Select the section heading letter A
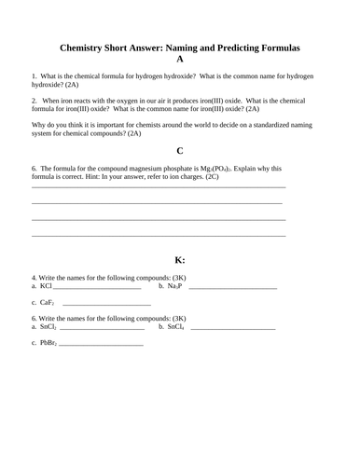[x=179, y=59]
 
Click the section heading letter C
[x=179, y=150]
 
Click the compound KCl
[x=46, y=286]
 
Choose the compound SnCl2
[x=48, y=327]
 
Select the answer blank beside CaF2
[x=106, y=305]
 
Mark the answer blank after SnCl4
[x=232, y=329]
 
